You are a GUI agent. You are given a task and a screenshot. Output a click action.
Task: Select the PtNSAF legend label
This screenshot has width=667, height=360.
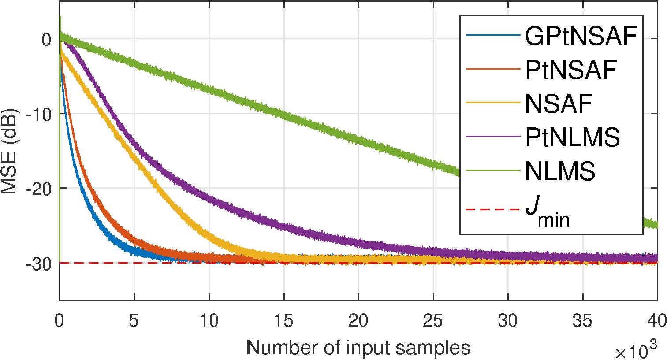coord(571,70)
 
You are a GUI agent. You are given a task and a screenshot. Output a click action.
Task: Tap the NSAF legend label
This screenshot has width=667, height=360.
coord(559,104)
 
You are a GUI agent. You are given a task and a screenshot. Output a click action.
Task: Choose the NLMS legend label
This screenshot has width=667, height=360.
coord(560,171)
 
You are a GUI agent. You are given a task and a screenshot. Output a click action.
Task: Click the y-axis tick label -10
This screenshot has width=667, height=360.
coord(40,114)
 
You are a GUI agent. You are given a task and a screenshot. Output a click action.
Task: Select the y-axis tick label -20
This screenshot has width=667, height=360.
coord(40,189)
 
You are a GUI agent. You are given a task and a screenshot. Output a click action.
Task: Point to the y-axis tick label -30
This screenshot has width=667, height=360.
coord(40,264)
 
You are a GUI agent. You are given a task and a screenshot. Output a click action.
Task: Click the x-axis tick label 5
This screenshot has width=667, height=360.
coord(134,321)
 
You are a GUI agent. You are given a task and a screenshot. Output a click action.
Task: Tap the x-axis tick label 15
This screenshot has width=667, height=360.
coord(283,321)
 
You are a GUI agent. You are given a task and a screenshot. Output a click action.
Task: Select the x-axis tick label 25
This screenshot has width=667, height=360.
coord(433,321)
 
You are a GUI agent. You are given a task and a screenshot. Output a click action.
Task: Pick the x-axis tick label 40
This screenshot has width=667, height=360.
coord(657,321)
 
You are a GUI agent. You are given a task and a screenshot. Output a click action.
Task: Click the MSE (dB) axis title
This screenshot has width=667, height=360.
coord(10,151)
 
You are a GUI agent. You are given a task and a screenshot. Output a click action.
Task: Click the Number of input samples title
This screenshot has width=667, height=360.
coord(358,348)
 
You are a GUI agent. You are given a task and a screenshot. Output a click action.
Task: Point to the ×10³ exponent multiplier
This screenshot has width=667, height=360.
coord(635,351)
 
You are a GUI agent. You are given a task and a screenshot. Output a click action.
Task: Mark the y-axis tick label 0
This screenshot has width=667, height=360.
coord(46,39)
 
